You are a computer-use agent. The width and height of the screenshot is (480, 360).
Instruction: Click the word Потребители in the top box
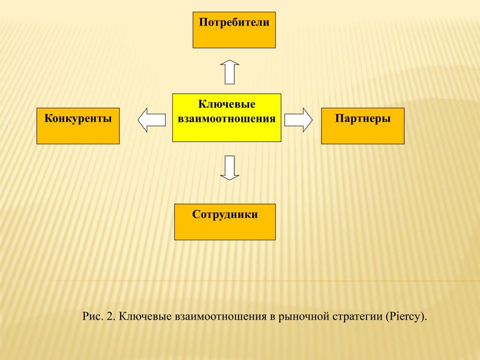click(234, 22)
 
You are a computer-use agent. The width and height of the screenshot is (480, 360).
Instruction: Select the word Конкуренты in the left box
click(78, 119)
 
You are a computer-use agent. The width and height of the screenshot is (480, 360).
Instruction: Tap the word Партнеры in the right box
click(363, 119)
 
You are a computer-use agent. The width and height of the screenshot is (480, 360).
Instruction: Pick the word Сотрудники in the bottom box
click(225, 215)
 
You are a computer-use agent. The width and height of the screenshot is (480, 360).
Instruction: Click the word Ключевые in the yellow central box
click(227, 104)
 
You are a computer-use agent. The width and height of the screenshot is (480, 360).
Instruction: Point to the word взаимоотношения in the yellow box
click(227, 119)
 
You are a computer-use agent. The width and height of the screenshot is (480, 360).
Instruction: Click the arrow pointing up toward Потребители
click(230, 72)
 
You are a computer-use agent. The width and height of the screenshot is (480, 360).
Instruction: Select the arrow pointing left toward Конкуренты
click(151, 120)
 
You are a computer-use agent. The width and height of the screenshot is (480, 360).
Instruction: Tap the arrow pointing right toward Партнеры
click(299, 120)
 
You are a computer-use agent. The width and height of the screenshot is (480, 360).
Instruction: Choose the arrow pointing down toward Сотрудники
click(230, 168)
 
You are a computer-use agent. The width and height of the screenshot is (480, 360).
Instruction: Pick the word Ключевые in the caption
click(145, 316)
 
